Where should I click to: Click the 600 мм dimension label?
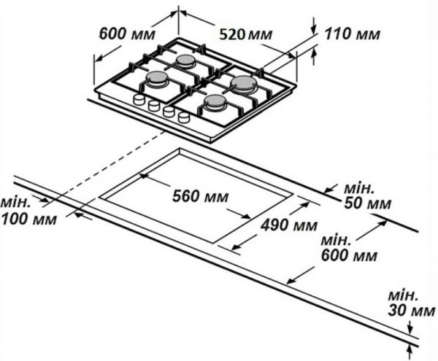coord(120,34)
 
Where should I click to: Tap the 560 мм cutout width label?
coord(199,196)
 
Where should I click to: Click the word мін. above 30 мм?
coord(403,297)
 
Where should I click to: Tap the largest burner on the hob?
coord(242,85)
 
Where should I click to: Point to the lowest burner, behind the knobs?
coord(215,104)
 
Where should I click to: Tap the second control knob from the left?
coord(153,106)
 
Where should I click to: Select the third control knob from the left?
coord(168,111)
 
